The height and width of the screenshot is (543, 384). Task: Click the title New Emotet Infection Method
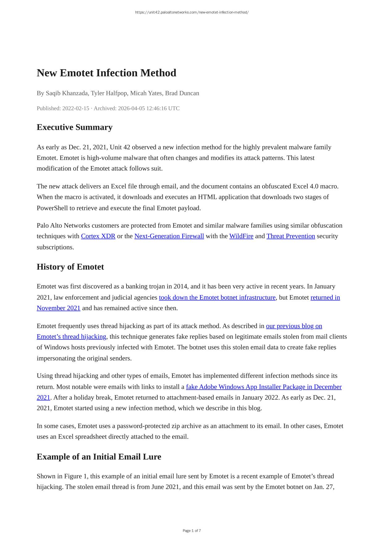coord(106,73)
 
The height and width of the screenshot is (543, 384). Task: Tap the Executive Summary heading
coord(75,127)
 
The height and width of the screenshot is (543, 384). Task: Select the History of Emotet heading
coord(70,267)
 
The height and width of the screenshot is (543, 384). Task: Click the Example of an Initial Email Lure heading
coord(99,457)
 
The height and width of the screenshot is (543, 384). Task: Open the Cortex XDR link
coord(98,236)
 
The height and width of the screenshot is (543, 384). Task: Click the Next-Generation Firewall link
coord(169,236)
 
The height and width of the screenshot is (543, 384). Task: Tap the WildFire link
coord(241,236)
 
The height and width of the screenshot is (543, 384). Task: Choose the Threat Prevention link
coord(291,236)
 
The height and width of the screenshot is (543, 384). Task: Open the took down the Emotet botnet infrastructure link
coord(217,297)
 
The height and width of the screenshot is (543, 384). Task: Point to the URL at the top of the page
coord(192,12)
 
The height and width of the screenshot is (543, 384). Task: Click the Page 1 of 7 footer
coord(192,531)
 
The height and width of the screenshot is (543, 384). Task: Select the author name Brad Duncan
coord(182,93)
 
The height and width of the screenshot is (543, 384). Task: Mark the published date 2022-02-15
coord(76,108)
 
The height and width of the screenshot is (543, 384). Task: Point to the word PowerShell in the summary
coord(52,208)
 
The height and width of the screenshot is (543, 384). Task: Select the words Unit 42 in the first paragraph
coord(120,147)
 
